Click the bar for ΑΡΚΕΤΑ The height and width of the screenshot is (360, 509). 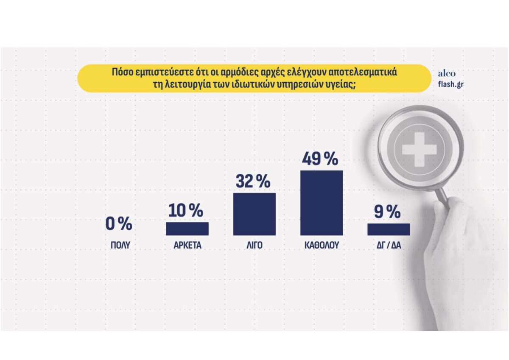coord(187,229)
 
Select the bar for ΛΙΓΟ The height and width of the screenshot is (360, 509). coord(254,214)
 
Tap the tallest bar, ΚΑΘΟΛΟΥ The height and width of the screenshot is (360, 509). coord(322,203)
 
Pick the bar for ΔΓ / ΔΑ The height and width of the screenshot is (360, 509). coord(389,229)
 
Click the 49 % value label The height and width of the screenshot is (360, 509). coord(320,159)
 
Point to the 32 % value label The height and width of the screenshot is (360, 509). coord(253,181)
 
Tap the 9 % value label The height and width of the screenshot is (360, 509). coord(387,212)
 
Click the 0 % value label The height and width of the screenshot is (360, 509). coord(119,223)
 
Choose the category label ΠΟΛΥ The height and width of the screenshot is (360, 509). coord(120,245)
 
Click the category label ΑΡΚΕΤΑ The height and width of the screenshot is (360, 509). coord(187,245)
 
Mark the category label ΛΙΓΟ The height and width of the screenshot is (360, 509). coord(255,245)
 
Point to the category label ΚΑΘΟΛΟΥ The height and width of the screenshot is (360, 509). coord(322,245)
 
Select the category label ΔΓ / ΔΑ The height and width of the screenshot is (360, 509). coord(389,245)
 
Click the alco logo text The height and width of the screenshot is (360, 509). coord(447,74)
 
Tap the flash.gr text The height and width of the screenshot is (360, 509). coord(450,84)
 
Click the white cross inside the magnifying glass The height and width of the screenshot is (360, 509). coord(419,149)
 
